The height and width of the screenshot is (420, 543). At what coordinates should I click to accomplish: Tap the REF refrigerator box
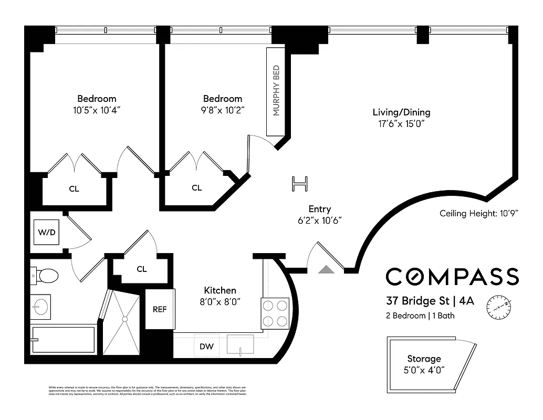point(160,309)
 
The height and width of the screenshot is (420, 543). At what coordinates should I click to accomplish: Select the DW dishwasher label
point(207,346)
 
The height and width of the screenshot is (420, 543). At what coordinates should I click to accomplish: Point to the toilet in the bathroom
point(46,275)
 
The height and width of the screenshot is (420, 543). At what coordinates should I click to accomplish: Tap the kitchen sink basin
point(241,344)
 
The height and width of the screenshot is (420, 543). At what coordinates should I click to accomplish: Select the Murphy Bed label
point(276,90)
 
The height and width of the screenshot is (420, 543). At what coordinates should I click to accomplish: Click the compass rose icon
point(499,307)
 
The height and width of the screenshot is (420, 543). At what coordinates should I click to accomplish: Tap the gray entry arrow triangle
point(326,269)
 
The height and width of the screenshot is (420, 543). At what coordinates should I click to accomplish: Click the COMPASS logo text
point(452,277)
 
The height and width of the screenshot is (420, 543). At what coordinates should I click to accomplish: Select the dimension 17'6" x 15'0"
point(401,124)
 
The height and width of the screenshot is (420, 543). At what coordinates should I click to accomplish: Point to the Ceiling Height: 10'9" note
point(479,214)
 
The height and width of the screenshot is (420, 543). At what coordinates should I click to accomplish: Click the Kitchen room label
point(220,290)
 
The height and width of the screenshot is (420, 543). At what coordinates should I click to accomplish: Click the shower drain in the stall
point(124,318)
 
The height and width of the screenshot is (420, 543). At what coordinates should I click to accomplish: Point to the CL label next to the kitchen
point(141,269)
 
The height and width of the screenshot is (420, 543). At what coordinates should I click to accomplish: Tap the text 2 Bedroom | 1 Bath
point(420,316)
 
